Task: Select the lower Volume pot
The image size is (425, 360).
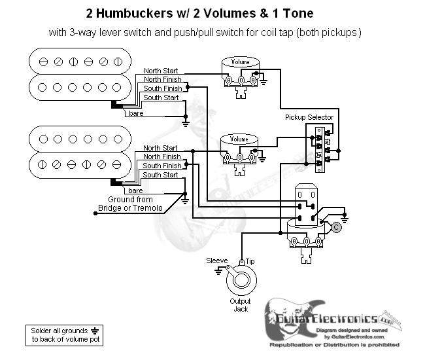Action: tap(239, 149)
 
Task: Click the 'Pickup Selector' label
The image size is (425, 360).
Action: tap(309, 117)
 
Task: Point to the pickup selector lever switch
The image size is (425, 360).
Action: tap(320, 147)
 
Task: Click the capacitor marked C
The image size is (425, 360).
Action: tap(336, 227)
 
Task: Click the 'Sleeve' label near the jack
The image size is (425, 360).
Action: tap(217, 260)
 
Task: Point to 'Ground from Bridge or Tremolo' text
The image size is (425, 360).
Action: tap(126, 203)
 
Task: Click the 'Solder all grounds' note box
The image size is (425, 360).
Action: tap(59, 335)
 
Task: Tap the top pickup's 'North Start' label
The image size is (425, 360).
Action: tap(161, 71)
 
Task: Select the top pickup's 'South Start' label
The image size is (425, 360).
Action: tap(161, 98)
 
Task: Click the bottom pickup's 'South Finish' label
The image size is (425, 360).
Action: tap(161, 166)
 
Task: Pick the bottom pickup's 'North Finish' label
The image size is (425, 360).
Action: tap(161, 157)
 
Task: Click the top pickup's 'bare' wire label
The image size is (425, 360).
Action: tap(137, 113)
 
